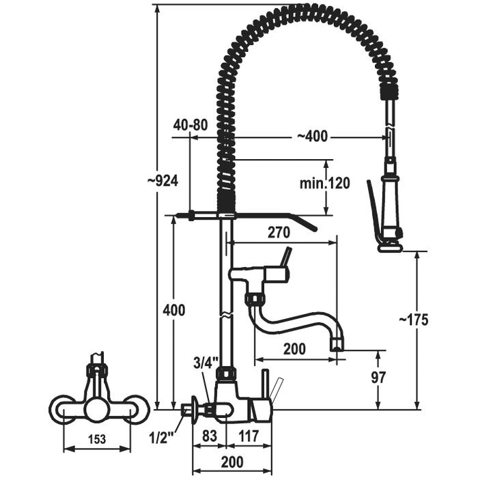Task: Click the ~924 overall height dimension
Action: coord(163,181)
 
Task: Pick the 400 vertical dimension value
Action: coord(173,310)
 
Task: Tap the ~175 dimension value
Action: coord(413,320)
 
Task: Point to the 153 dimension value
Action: coord(98,440)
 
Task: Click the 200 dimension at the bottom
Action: coord(233,462)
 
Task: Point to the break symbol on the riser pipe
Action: coord(223,316)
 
